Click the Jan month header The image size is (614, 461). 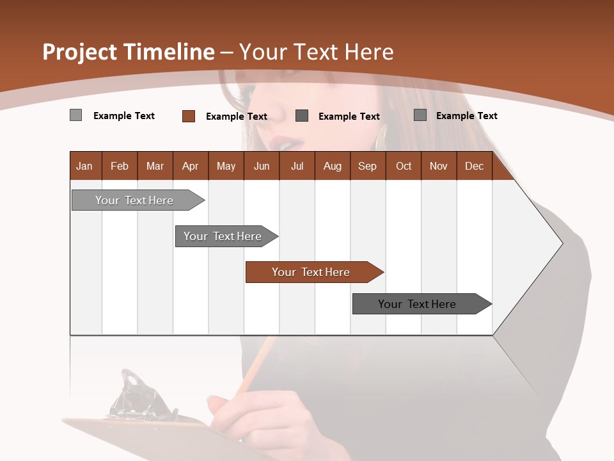pos(84,166)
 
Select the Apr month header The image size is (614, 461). pos(191,166)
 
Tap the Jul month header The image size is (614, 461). pos(297,166)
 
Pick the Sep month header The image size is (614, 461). pos(367,166)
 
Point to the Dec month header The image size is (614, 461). pos(474,166)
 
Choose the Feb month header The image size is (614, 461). pos(120,166)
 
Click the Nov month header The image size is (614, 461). pos(439,166)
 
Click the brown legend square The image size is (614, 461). pos(188,116)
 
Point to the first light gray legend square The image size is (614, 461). pos(75,115)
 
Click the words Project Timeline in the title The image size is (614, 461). pos(128,52)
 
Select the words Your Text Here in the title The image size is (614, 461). pos(317,52)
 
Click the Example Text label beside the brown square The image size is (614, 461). pos(236,117)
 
